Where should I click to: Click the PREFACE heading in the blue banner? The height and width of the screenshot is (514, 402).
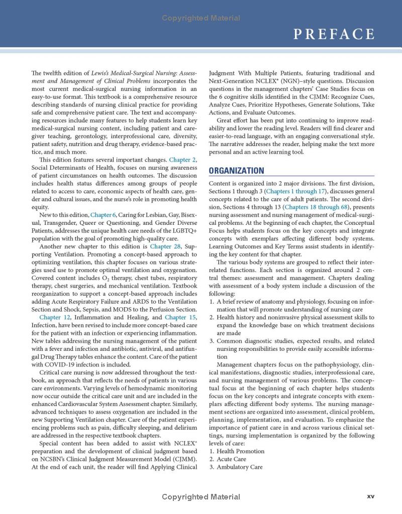(334, 34)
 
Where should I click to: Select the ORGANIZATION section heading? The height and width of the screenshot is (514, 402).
(236, 171)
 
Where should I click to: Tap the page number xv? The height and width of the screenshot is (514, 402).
(370, 496)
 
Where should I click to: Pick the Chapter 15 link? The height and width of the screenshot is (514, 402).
(180, 317)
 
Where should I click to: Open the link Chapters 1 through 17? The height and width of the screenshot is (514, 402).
(296, 191)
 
